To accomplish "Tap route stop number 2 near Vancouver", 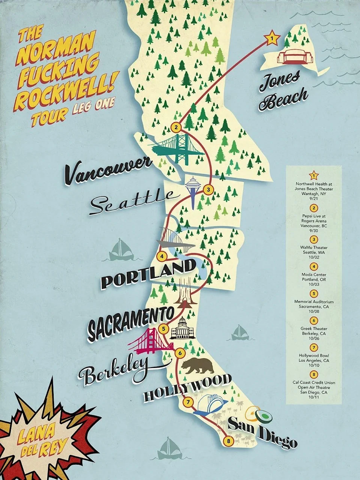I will click(176, 127).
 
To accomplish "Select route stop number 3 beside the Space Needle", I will click(209, 189).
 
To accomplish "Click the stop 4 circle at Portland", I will click(162, 256).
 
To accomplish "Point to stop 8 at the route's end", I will click(228, 441).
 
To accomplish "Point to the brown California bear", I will click(198, 365).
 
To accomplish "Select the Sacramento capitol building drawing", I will click(181, 329).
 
